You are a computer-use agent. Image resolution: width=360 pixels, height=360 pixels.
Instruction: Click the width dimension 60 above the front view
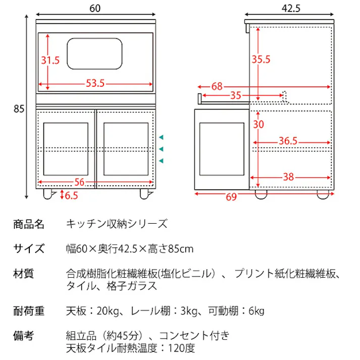point(95,8)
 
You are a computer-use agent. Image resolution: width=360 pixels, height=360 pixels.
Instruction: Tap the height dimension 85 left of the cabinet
point(19,108)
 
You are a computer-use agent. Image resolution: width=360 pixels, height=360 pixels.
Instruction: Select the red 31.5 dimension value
point(50,60)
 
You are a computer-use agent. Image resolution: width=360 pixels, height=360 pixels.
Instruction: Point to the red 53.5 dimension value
point(95,83)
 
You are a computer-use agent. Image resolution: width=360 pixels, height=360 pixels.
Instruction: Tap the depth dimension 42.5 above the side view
point(290,8)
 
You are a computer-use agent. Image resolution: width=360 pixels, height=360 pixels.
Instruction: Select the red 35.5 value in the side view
point(261,60)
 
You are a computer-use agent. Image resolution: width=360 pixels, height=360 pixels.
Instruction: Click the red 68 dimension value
point(217,86)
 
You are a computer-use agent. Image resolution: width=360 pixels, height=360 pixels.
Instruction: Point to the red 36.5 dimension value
point(288,141)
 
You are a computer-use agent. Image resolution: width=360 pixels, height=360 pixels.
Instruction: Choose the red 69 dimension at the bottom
point(231,197)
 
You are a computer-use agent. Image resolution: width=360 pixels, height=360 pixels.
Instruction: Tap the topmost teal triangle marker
point(161,137)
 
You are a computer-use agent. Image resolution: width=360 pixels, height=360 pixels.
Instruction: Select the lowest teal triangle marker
point(161,161)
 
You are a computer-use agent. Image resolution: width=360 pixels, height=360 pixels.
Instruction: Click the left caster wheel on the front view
point(49,194)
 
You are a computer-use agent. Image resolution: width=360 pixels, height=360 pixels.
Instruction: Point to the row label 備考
point(24,335)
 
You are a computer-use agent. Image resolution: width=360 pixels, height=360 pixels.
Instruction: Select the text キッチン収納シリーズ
point(117,224)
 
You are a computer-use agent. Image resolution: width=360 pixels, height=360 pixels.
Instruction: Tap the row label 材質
point(24,274)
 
